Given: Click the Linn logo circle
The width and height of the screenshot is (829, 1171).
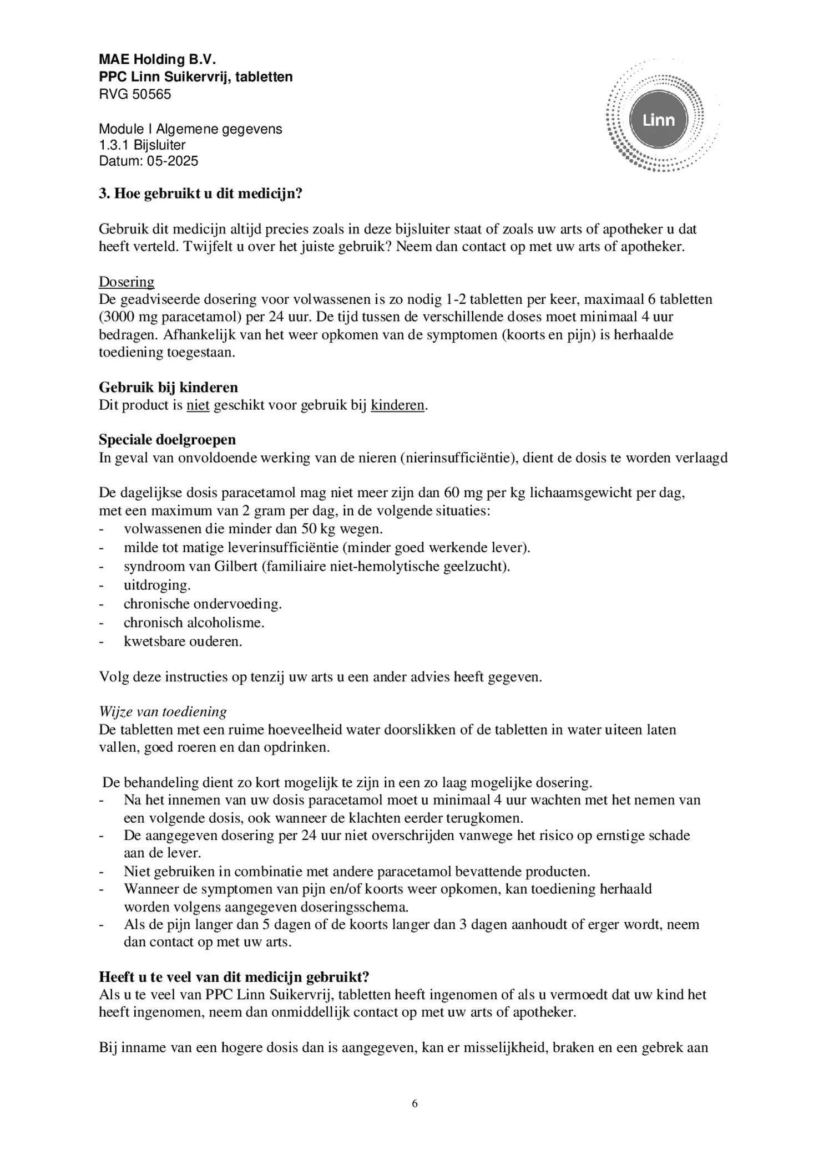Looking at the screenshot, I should tap(659, 120).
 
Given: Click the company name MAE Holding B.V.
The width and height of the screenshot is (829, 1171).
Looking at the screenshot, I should tap(157, 59).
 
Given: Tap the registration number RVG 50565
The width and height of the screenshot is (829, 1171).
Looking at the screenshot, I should tap(135, 94).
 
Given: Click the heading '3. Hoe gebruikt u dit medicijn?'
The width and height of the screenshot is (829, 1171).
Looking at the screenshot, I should tap(200, 194).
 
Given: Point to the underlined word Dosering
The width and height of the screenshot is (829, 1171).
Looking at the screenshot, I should tap(127, 282).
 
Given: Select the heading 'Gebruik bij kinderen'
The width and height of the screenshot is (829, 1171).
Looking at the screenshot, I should tap(168, 387).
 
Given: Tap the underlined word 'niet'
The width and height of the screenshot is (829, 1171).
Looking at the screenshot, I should tap(198, 405).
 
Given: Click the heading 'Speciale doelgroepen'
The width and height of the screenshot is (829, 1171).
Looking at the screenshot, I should tap(167, 440).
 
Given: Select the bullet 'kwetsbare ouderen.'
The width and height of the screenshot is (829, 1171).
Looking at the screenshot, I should tap(183, 641).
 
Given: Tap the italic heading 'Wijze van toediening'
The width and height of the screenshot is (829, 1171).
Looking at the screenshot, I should tap(163, 711).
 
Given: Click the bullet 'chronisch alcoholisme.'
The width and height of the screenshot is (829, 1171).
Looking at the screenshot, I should tap(194, 623).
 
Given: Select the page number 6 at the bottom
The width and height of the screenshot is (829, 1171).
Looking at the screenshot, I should tap(414, 1103).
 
